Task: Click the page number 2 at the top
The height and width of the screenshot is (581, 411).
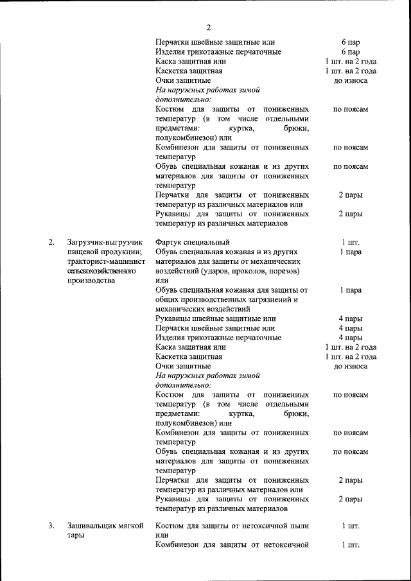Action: (208, 26)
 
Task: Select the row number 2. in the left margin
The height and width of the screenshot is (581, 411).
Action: (51, 243)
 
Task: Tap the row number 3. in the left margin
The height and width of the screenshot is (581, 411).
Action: (51, 526)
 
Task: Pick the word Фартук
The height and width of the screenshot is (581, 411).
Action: (168, 243)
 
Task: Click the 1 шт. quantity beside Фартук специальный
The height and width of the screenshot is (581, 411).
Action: (350, 243)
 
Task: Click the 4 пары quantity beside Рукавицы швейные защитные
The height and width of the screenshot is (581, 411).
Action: (350, 318)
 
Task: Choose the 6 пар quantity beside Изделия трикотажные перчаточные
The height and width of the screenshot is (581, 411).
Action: (350, 52)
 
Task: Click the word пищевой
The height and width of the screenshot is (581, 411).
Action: (82, 252)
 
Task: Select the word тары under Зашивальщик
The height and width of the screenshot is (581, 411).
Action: (76, 536)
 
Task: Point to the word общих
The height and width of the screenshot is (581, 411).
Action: (166, 300)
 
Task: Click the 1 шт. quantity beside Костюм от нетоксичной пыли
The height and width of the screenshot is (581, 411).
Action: (350, 526)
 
